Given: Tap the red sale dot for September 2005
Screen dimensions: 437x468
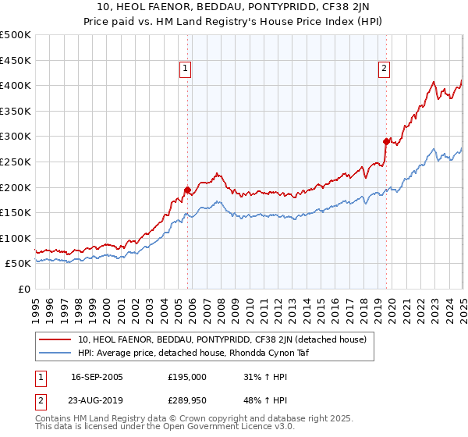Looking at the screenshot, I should click(187, 190).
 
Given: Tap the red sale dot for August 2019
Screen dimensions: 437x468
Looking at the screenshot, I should click(386, 141).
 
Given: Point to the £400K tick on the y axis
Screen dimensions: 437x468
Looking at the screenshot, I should click(16, 85).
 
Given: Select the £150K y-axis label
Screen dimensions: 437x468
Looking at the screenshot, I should click(16, 212).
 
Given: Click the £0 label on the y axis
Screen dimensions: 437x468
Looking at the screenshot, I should click(25, 289).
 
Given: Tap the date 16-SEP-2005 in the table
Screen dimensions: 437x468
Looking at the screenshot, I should click(97, 377).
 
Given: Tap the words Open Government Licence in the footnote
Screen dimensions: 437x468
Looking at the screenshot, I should click(223, 427).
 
